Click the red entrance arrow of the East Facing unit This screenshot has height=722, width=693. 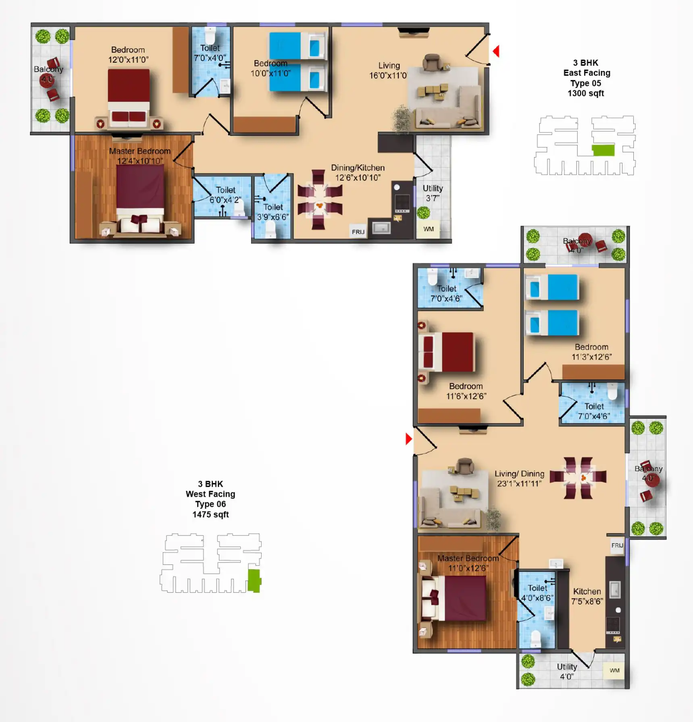(496, 51)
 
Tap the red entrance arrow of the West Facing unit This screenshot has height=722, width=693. (408, 439)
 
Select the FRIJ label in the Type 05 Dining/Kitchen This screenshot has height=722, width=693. (358, 232)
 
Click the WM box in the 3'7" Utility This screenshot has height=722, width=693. (428, 229)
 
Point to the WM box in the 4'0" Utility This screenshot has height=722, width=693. (614, 670)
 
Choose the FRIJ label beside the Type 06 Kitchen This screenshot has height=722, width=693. (617, 546)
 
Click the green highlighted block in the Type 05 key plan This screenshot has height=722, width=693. (603, 150)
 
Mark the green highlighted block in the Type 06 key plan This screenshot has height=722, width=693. (254, 581)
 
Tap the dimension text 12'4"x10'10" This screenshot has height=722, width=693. (140, 161)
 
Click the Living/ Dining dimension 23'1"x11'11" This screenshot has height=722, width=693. (519, 483)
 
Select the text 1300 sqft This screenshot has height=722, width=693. (586, 93)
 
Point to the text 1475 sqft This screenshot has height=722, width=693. (210, 515)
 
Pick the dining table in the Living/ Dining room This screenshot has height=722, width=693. (578, 477)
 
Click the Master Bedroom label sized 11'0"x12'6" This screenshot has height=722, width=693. (468, 558)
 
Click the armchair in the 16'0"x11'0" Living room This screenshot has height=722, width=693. (432, 62)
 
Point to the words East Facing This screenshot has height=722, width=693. (587, 73)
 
